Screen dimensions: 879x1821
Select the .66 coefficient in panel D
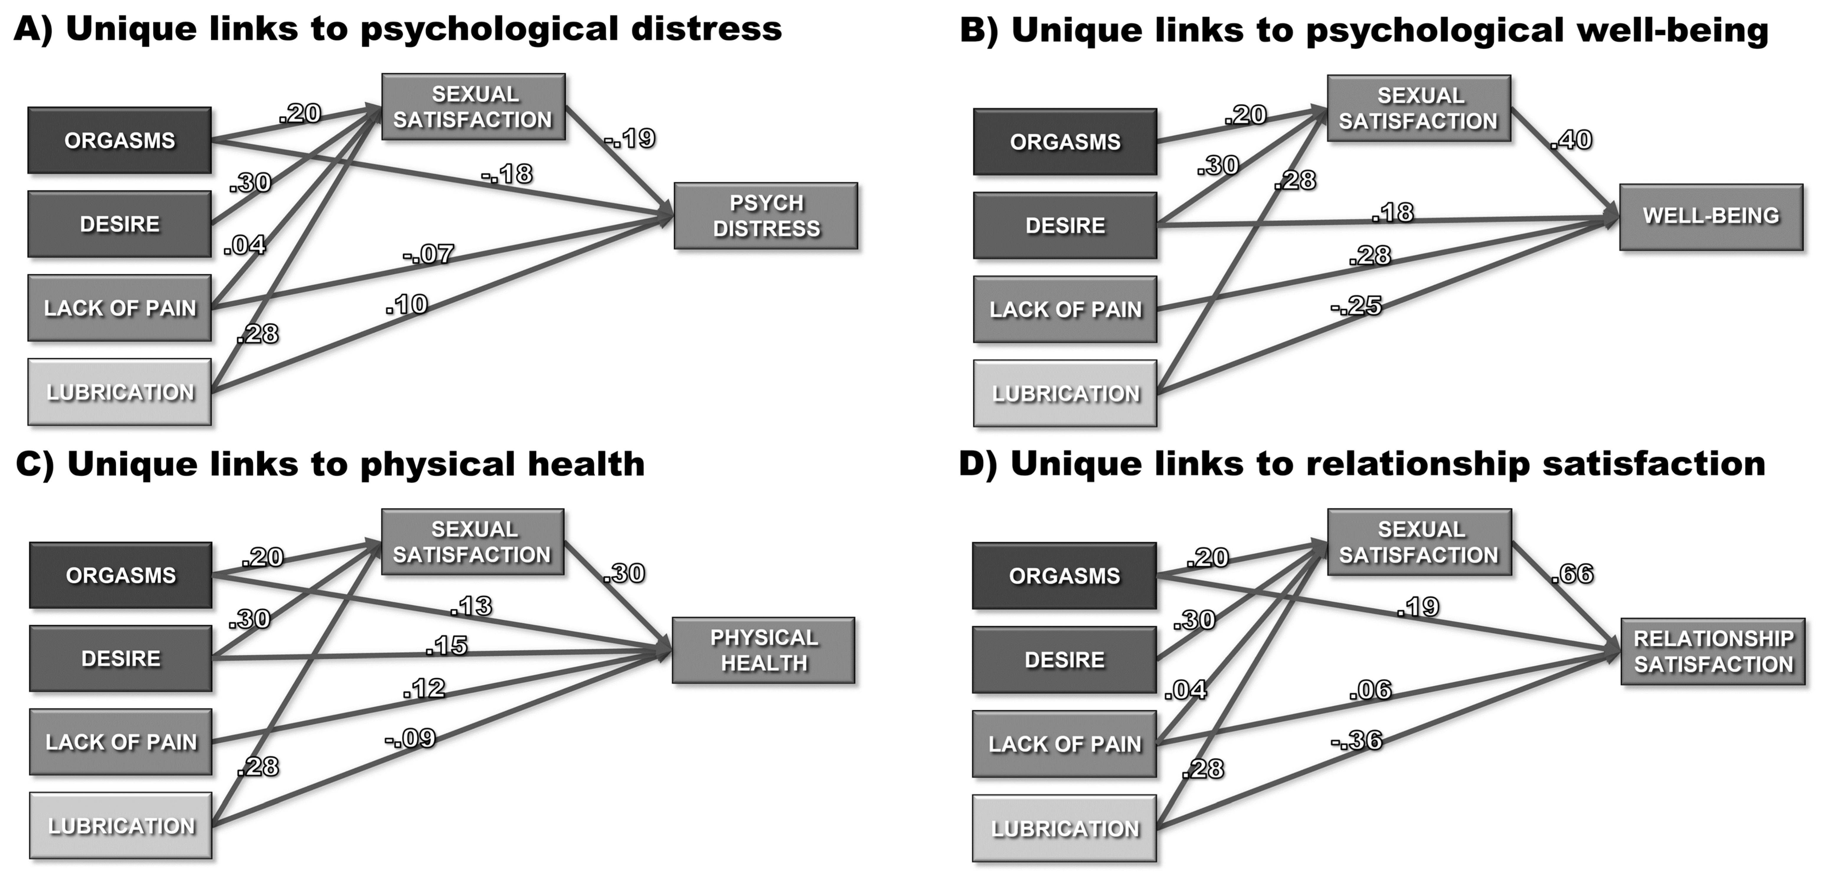point(1573,574)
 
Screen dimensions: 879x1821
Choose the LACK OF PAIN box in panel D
point(1065,744)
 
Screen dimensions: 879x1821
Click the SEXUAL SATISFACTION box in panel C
point(472,542)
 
